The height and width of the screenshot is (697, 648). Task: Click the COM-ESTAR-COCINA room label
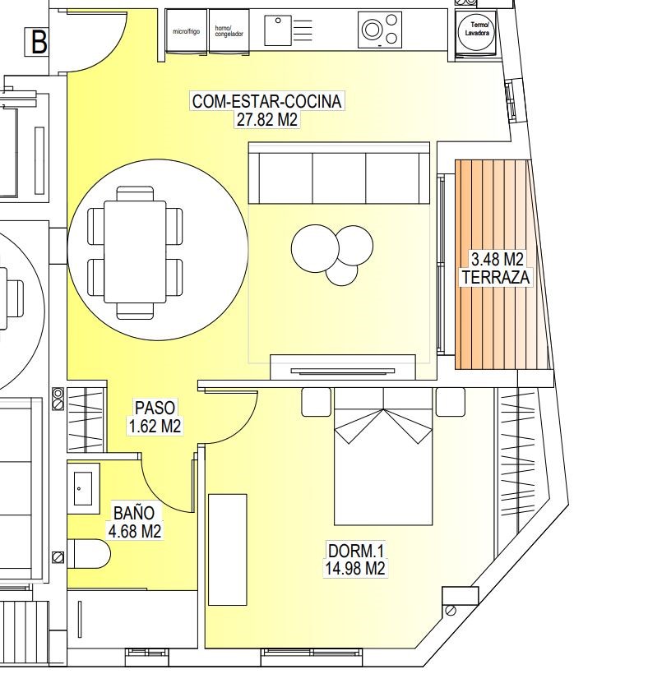(x=267, y=101)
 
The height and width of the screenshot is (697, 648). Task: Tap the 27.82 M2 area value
(x=267, y=119)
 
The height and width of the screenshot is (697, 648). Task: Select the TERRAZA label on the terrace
(x=496, y=277)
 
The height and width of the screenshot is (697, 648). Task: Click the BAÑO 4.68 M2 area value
(x=135, y=531)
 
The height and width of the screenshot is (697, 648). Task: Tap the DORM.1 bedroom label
(x=355, y=551)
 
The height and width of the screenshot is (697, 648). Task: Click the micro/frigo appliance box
(x=187, y=31)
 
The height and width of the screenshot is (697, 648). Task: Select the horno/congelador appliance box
(x=229, y=31)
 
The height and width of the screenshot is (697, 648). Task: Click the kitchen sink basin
(x=278, y=30)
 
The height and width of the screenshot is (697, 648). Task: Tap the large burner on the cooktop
(x=373, y=30)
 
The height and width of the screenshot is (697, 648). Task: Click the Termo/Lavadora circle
(x=476, y=31)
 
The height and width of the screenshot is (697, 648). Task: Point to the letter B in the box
(x=39, y=42)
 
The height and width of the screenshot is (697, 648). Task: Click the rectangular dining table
(x=135, y=252)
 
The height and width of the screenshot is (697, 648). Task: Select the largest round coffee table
(x=315, y=248)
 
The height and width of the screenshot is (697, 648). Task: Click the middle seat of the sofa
(x=340, y=178)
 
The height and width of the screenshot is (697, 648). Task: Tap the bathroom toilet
(x=89, y=554)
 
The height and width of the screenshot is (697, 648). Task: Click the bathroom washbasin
(x=83, y=488)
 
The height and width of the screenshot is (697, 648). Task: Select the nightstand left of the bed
(x=317, y=402)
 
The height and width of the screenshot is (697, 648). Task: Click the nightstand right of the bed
(x=451, y=402)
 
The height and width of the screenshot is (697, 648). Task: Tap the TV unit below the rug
(x=343, y=367)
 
